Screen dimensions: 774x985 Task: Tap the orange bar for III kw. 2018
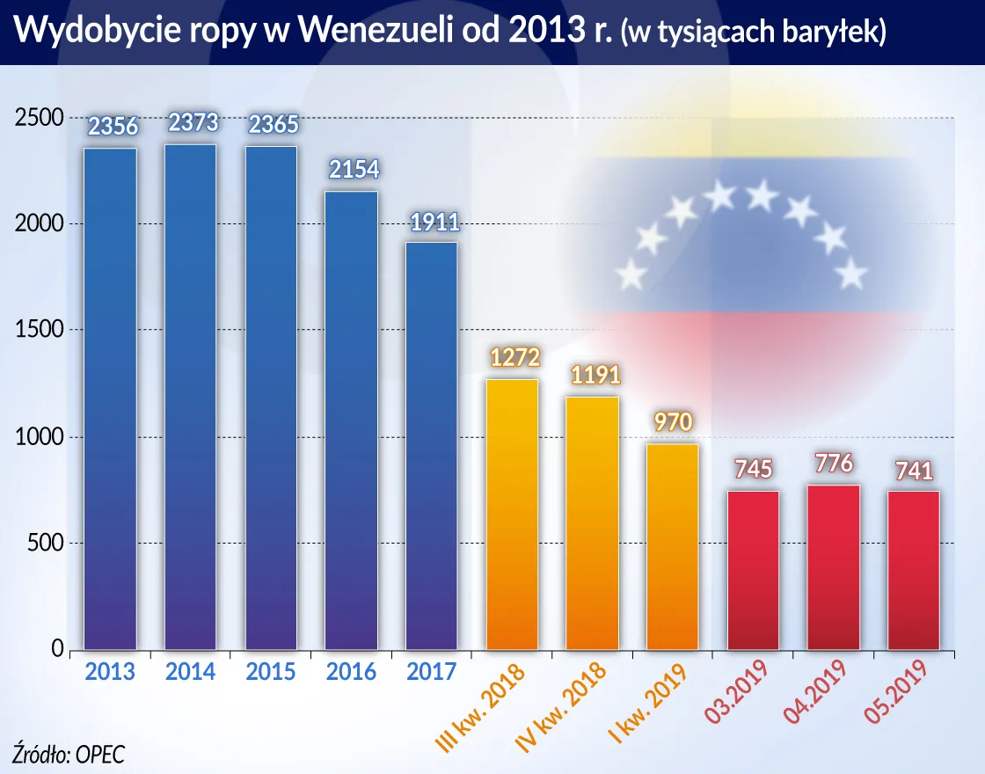pos(512,515)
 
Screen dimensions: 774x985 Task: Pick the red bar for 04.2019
pos(834,567)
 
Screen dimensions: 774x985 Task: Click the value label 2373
pos(193,122)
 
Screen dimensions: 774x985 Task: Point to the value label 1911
pos(432,221)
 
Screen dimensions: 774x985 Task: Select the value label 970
pos(673,422)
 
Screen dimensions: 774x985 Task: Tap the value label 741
pos(914,470)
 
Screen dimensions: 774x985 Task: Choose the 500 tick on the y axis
pos(44,544)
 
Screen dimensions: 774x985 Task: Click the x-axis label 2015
pos(271,673)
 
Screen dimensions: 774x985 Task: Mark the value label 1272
pos(512,358)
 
